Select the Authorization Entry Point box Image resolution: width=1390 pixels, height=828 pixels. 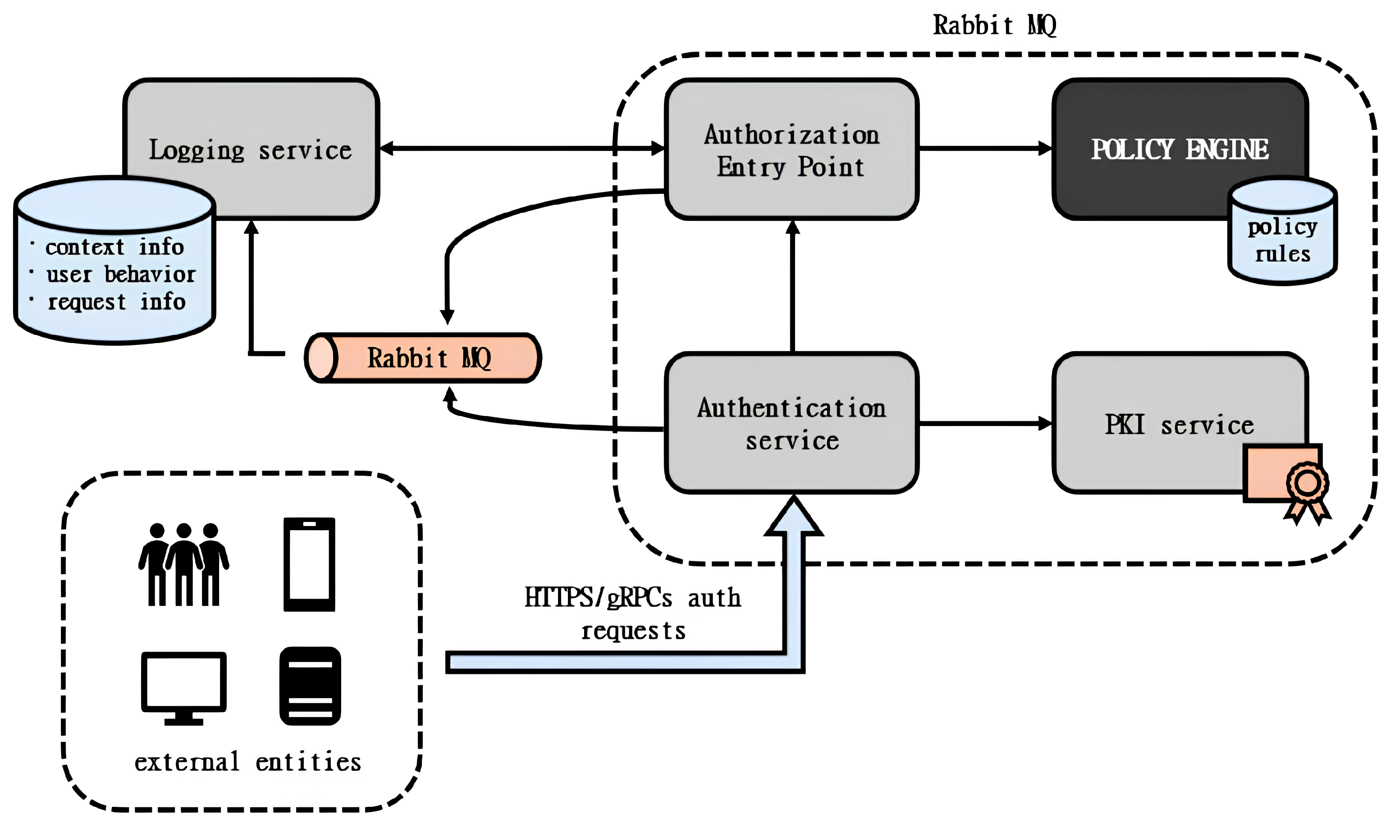pos(791,150)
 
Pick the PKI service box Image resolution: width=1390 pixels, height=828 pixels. pos(1179,424)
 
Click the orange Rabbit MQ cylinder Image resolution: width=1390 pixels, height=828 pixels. pos(424,357)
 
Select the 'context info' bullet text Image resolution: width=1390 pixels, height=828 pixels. pos(114,247)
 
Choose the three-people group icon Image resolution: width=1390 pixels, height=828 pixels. pos(183,565)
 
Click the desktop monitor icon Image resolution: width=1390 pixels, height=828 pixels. pos(183,687)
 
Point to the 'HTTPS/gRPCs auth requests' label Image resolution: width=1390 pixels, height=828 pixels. pos(633,614)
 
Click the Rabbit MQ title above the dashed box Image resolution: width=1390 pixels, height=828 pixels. pos(995,26)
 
